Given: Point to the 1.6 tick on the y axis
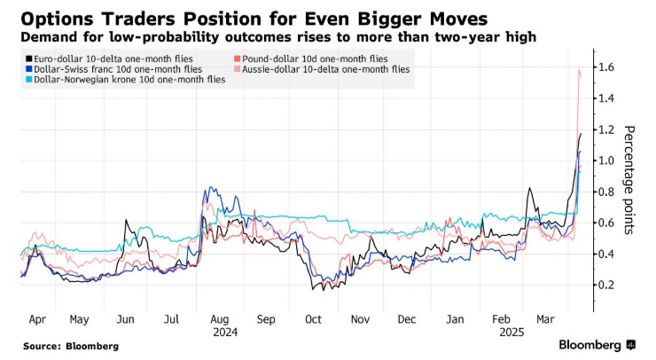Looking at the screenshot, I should pyautogui.click(x=606, y=67).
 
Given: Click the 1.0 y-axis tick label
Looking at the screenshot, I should pyautogui.click(x=606, y=160).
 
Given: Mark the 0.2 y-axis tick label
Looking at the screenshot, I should pyautogui.click(x=606, y=285).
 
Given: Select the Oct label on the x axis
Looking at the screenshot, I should pyautogui.click(x=313, y=317).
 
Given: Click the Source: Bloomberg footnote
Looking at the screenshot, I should pyautogui.click(x=70, y=346).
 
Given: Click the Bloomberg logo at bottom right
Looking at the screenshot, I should pyautogui.click(x=597, y=344).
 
